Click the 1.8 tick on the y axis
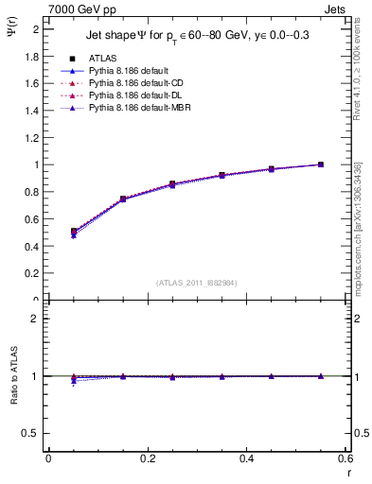(33, 57)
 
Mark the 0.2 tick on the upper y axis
(33, 273)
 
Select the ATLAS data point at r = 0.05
(74, 231)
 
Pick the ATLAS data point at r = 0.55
(321, 164)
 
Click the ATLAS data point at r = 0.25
(172, 184)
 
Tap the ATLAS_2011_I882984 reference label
(197, 282)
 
